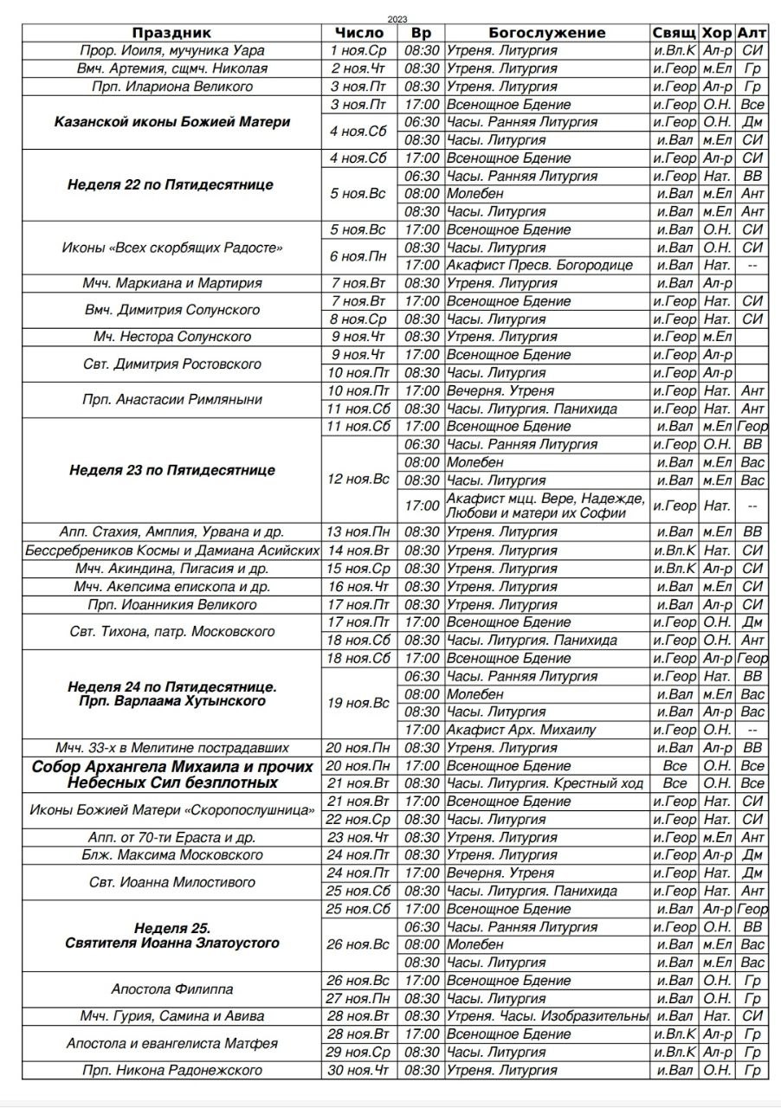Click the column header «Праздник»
pos(172,33)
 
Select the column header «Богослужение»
pos(546,33)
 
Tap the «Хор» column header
pos(717,33)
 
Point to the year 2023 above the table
pos(398,19)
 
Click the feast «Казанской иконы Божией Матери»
pos(172,122)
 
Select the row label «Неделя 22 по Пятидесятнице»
pos(172,185)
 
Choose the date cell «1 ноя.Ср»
pos(358,50)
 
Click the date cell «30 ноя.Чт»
pos(358,1071)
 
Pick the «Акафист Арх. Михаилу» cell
pos(521,730)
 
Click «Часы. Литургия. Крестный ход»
pos(545,783)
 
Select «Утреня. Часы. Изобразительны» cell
pos(547,1016)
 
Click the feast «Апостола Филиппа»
pos(172,989)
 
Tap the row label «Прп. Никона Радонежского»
pos(172,1071)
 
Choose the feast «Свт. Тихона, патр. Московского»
pos(172,632)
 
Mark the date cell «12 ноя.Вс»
pos(358,480)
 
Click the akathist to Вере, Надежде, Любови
pos(545,506)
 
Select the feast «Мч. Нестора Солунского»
pos(172,337)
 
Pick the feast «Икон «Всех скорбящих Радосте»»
pos(172,248)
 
